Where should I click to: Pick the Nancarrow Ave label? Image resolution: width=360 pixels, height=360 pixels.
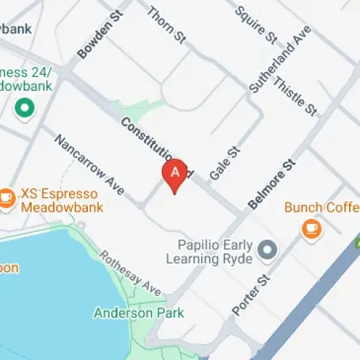click(89, 162)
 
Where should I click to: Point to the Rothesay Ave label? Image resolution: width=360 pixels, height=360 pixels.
click(130, 273)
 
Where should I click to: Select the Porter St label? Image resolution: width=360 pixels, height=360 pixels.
click(251, 293)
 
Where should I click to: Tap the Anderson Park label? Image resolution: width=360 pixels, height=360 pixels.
click(139, 313)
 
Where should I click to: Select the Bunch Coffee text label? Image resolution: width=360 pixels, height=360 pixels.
click(321, 207)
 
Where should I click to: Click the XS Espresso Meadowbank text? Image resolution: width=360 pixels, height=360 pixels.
click(58, 200)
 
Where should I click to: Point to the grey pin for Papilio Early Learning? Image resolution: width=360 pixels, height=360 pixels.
click(268, 250)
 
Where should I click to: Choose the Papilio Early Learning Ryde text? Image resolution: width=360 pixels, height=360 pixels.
click(209, 250)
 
